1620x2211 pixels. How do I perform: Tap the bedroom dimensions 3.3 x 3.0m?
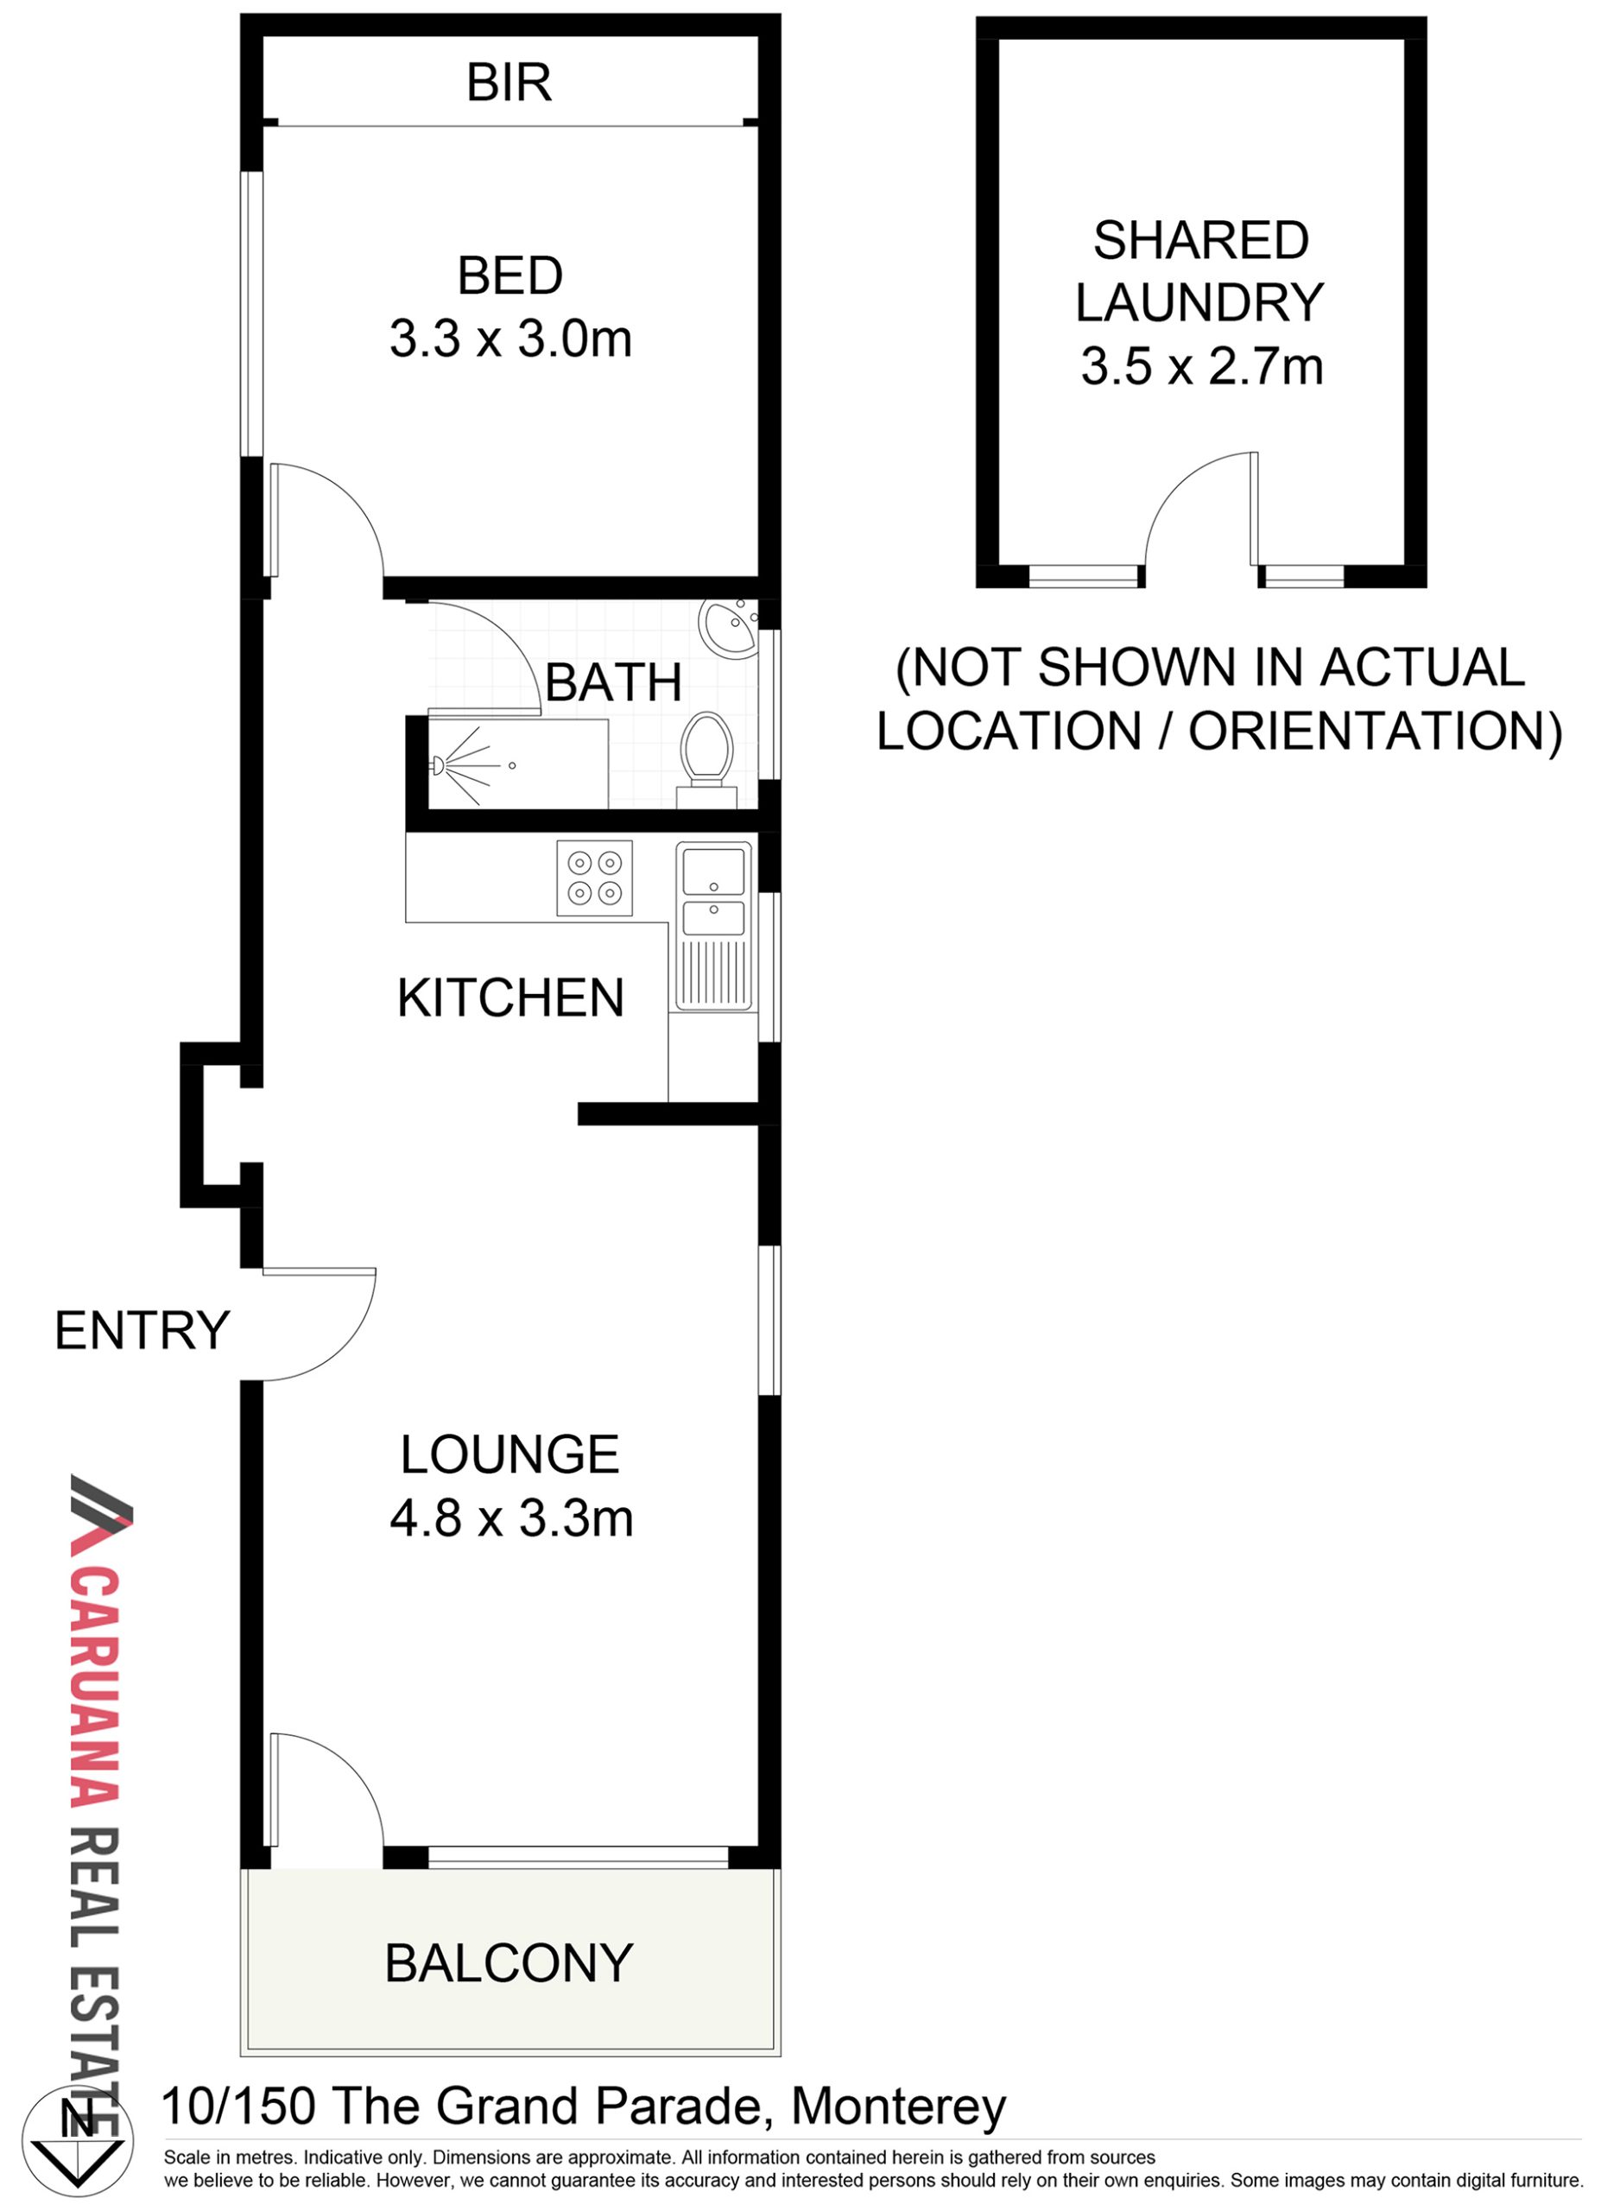(x=510, y=339)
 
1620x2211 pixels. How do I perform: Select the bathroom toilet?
(x=707, y=760)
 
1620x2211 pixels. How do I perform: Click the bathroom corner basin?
(x=728, y=628)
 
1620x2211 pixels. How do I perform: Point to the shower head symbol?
(x=439, y=763)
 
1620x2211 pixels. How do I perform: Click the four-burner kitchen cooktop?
(x=594, y=878)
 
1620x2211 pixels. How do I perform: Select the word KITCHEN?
(x=510, y=998)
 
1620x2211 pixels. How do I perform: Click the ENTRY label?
(x=142, y=1331)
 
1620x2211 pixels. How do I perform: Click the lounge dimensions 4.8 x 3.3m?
(x=511, y=1519)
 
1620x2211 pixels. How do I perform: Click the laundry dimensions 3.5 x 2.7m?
(x=1202, y=367)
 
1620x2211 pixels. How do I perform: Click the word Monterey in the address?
(x=898, y=2107)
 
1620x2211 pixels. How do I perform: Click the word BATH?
(x=613, y=682)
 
